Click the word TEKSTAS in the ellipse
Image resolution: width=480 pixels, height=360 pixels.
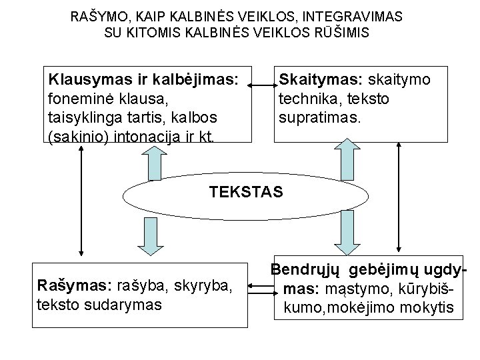click(246, 192)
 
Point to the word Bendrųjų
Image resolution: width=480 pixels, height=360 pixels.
click(305, 271)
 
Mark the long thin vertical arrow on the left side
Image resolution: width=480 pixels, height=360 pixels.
click(81, 200)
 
